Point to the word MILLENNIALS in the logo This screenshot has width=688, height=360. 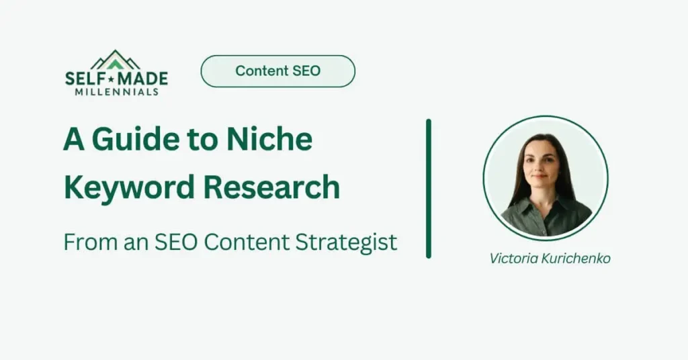click(x=116, y=91)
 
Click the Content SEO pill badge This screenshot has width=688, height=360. click(x=277, y=71)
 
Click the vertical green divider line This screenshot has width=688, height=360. click(x=429, y=188)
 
